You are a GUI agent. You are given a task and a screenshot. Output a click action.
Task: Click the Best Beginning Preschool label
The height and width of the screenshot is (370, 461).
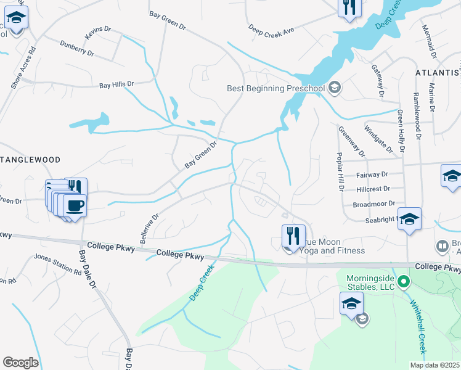coord(275,88)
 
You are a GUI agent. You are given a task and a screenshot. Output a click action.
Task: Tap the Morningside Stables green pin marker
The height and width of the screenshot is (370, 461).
coord(404,283)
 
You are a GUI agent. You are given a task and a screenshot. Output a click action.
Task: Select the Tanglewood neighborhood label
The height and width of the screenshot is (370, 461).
coord(30,160)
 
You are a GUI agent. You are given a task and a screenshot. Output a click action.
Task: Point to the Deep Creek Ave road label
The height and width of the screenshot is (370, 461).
coord(272,29)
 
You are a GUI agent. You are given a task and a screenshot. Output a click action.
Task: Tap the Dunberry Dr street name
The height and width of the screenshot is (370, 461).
coord(77,49)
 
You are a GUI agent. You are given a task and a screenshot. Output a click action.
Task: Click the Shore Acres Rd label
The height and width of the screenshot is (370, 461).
coord(24,67)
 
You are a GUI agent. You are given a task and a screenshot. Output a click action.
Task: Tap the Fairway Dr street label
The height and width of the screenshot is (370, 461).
coord(373,175)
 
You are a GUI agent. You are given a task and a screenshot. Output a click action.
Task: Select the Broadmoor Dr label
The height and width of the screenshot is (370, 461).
coord(373,203)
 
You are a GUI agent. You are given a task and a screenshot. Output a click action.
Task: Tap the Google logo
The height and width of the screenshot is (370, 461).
coord(20,363)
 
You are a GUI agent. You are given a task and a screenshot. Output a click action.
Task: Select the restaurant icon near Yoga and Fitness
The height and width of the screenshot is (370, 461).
coord(293,236)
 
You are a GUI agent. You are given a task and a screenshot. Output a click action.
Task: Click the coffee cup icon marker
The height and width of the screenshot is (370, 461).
coord(75,205)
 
